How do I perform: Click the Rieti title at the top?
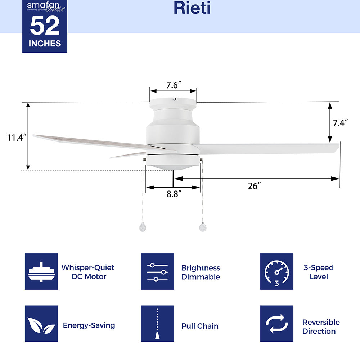point(192,8)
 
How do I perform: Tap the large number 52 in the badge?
point(45,26)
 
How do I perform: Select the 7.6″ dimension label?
point(174,85)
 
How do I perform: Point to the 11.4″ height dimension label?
point(17,138)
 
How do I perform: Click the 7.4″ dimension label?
point(340,123)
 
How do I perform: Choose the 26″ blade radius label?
point(255,186)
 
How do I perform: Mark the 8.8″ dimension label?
point(174,194)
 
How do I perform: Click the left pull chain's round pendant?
point(143,227)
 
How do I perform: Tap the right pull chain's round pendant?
point(203,227)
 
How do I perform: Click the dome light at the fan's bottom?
point(173,165)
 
